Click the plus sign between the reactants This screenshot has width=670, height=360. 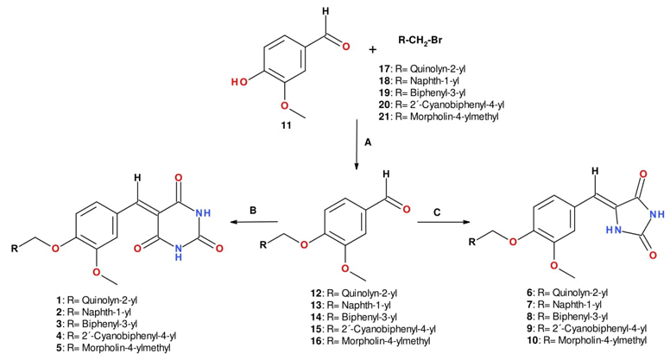click(373, 48)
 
